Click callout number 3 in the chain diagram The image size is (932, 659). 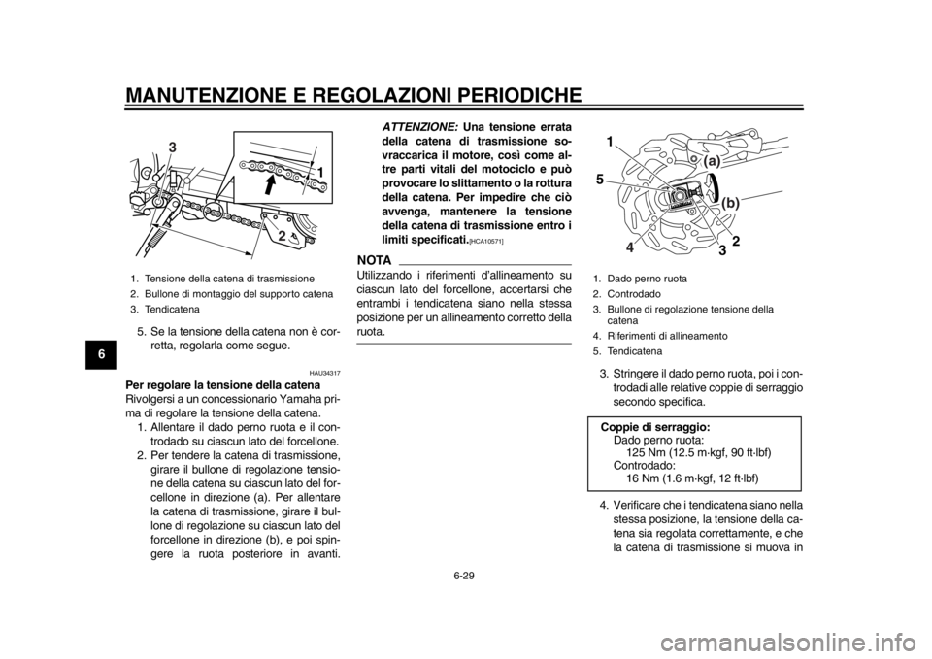(x=172, y=146)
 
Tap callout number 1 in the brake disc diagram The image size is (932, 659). (x=611, y=142)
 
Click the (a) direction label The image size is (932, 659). (x=712, y=159)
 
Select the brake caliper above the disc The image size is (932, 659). (x=724, y=146)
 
